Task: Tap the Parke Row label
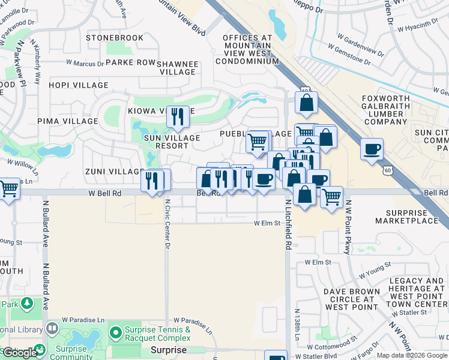pos(130,62)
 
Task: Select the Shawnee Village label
pos(178,67)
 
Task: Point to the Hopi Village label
pos(79,86)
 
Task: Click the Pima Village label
pos(67,121)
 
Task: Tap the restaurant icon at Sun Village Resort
pos(177,116)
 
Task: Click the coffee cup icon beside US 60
pos(372,149)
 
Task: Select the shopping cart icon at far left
pos(8,189)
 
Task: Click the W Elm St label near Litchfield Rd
pos(267,223)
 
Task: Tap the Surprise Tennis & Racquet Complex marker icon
pos(115,332)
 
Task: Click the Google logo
pos(20,353)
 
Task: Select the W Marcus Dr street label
pos(85,62)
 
